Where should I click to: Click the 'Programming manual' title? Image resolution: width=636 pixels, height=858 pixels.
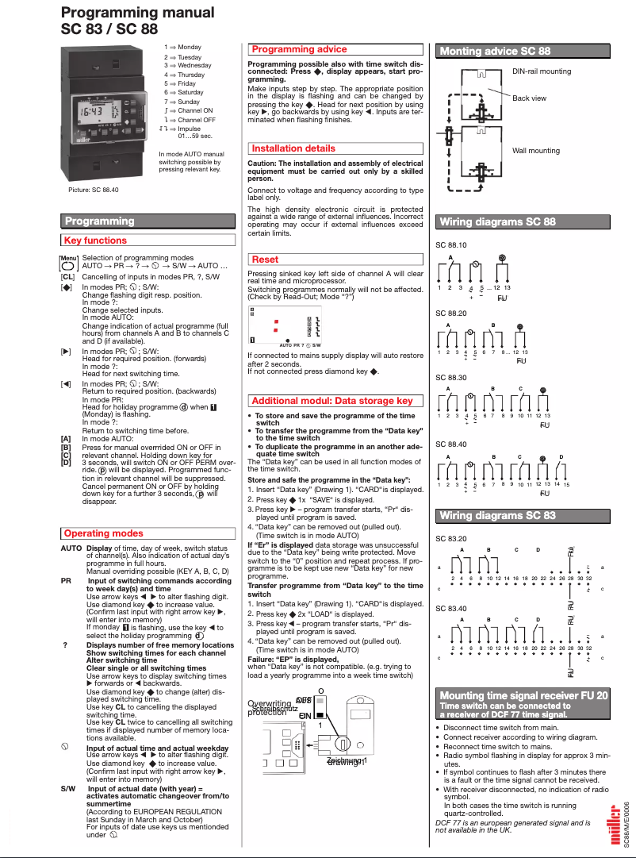coord(137,13)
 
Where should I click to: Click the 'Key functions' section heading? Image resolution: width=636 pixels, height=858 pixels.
coord(96,240)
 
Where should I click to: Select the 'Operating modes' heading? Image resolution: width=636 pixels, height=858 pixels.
coord(104,533)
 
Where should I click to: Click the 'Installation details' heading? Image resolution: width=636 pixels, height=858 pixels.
coord(293,148)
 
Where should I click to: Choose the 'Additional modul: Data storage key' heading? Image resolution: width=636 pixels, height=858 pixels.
coord(331,401)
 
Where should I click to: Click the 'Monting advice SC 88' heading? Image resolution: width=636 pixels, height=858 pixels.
coord(495,52)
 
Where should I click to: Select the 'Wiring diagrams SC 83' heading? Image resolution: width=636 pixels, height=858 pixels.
coord(497,516)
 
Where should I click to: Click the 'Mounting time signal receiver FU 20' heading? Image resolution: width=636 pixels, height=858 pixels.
coord(524,695)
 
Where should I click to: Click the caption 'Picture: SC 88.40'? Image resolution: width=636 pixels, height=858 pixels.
coord(93,190)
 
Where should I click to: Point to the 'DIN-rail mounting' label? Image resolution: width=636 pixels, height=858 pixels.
coord(541,71)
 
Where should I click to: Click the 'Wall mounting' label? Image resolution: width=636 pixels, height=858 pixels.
coord(535,151)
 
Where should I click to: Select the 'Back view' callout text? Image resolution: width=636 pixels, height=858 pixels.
coord(529,98)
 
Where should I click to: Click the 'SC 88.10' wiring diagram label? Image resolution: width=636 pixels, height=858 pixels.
coord(451,245)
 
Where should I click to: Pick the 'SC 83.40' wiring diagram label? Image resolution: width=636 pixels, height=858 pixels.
coord(451,609)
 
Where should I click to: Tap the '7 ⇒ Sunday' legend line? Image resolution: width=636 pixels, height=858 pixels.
coord(182,102)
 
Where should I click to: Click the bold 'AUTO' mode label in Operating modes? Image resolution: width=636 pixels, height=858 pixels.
coord(71,548)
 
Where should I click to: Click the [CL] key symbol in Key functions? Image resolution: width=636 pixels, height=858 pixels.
coord(67,276)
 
